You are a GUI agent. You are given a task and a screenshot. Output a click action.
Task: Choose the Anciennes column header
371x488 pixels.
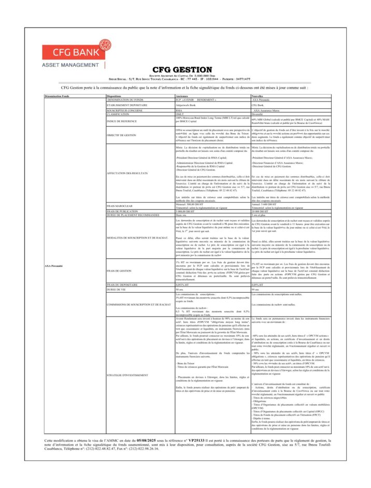pos(182,96)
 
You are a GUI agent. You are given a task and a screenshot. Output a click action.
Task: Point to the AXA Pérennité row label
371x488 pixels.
pos(53,266)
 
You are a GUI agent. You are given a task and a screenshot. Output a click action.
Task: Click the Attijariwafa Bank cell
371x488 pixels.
pos(186,105)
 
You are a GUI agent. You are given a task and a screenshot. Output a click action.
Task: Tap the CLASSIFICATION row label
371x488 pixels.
pos(118,114)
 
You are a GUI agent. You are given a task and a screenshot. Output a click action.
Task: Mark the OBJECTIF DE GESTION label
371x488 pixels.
pos(121,135)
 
